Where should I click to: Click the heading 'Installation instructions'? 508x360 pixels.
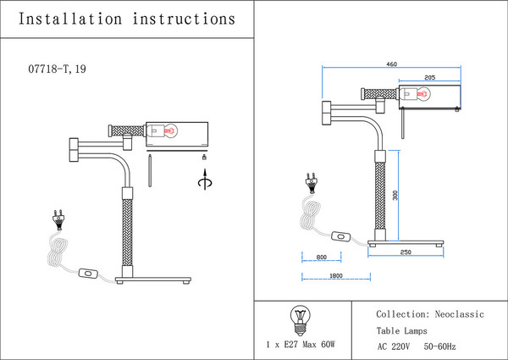pyautogui.click(x=126, y=18)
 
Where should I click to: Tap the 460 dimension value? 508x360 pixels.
pyautogui.click(x=392, y=64)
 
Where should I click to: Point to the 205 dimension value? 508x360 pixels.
pyautogui.click(x=429, y=78)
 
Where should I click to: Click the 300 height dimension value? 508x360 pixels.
pyautogui.click(x=395, y=196)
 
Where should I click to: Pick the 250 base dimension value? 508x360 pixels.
pyautogui.click(x=406, y=252)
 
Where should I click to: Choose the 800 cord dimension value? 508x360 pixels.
pyautogui.click(x=322, y=258)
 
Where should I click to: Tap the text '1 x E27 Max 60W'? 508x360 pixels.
pyautogui.click(x=301, y=345)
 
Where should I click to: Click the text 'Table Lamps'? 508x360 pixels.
pyautogui.click(x=402, y=330)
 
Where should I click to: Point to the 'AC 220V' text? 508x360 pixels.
pyautogui.click(x=394, y=346)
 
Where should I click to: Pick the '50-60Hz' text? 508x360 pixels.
pyautogui.click(x=439, y=346)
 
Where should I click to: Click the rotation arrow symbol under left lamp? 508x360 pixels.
pyautogui.click(x=202, y=180)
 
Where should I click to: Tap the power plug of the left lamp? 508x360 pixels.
pyautogui.click(x=59, y=219)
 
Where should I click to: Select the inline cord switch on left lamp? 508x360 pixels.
pyautogui.click(x=87, y=274)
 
